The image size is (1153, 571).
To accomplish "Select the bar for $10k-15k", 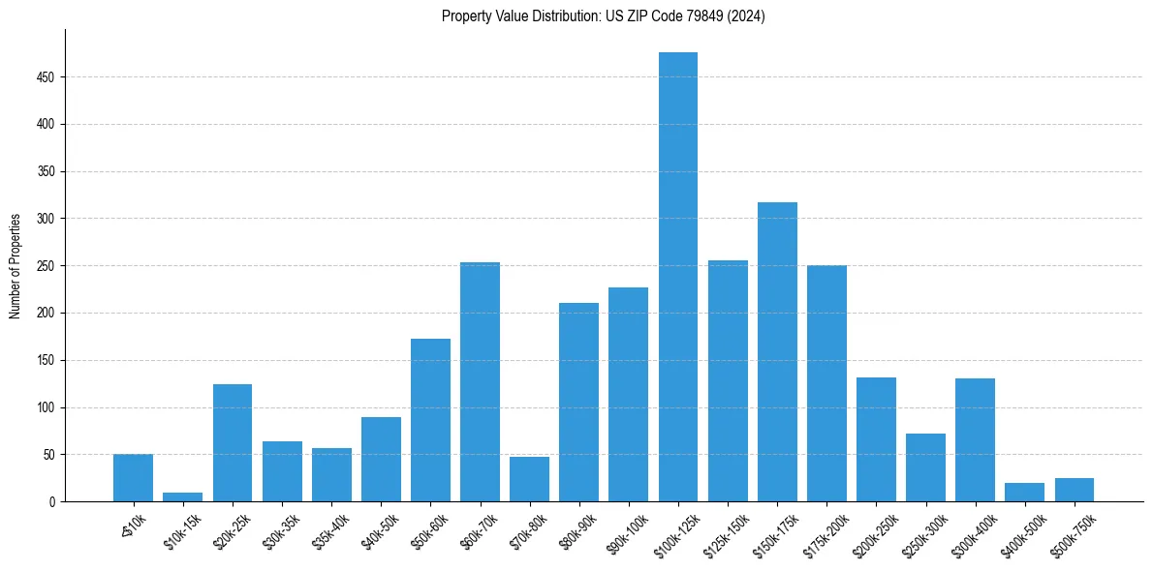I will [x=182, y=497].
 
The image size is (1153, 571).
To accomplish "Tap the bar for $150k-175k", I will [x=777, y=352].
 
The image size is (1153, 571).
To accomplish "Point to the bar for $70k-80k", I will [x=529, y=479].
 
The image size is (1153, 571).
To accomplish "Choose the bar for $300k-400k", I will [x=975, y=440].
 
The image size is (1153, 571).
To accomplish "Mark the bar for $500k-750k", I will [x=1074, y=490].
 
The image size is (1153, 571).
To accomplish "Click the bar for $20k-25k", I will [x=233, y=443].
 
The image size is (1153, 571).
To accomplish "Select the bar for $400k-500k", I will [x=1024, y=493].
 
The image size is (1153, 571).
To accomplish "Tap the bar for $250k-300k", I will [x=925, y=467].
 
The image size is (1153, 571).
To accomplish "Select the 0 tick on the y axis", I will [x=53, y=502].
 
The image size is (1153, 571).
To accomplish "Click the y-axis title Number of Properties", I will [x=16, y=266].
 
